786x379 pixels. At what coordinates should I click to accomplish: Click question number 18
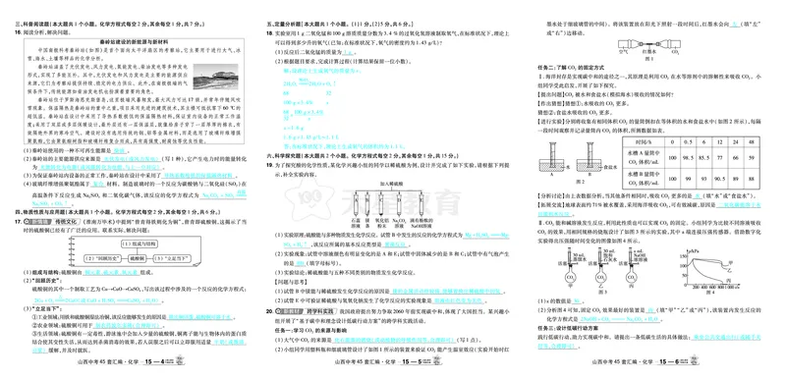270,31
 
